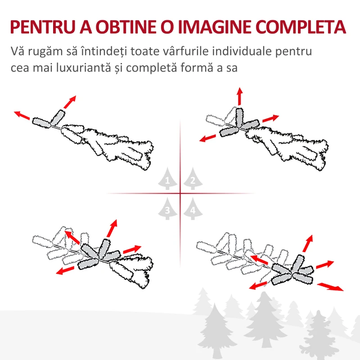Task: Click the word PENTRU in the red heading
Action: (x=43, y=27)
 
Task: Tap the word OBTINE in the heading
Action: (x=126, y=27)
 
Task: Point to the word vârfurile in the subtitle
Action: (x=185, y=51)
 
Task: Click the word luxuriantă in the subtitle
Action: (x=84, y=67)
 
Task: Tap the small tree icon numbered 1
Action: (x=167, y=179)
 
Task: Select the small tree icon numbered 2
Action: (x=193, y=179)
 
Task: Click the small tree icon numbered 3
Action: (x=167, y=208)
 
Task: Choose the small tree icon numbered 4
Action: (x=193, y=208)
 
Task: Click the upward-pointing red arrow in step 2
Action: (x=240, y=96)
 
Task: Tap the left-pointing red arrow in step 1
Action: (x=22, y=115)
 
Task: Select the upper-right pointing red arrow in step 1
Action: (x=70, y=102)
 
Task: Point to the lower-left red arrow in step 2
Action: (x=207, y=138)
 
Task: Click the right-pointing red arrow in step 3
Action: (x=132, y=249)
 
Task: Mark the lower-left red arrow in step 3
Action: (x=65, y=270)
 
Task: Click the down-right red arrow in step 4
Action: (x=330, y=287)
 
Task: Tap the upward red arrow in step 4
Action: (x=308, y=243)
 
